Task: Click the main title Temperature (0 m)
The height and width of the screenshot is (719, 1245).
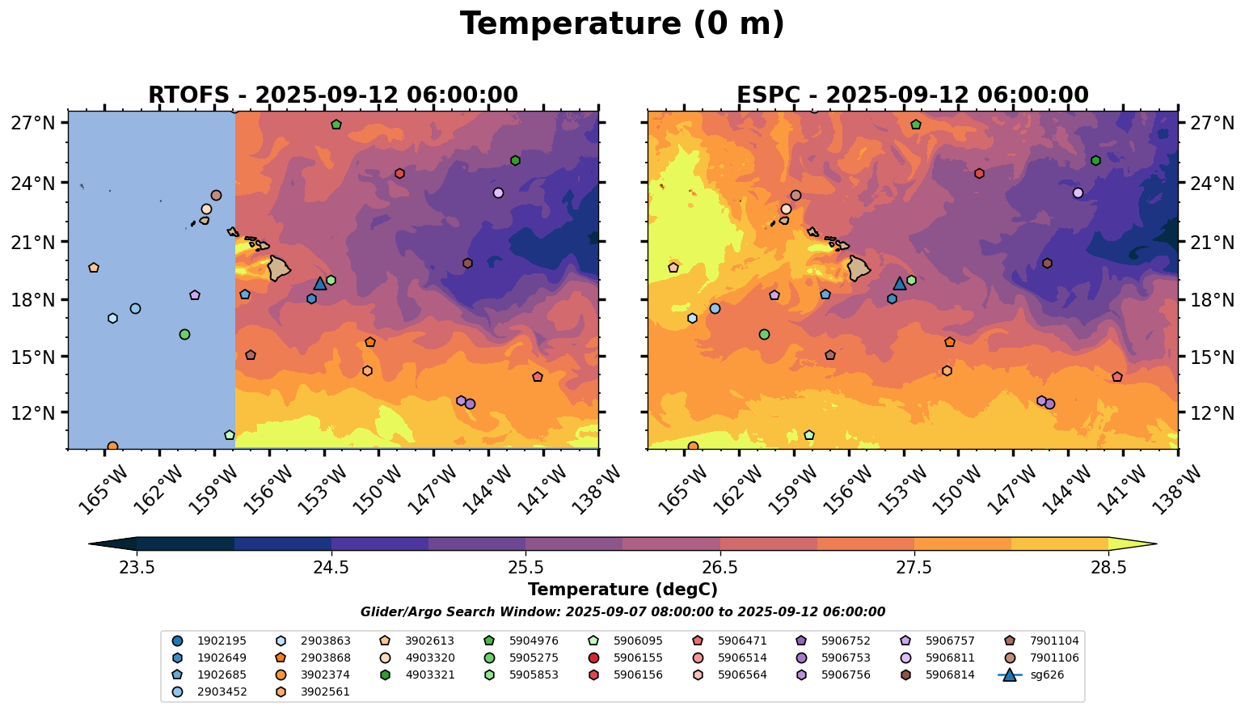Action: coord(622,24)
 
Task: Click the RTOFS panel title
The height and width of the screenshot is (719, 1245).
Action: coord(332,95)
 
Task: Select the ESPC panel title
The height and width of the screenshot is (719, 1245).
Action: coord(912,95)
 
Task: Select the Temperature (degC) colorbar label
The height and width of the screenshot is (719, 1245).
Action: coord(622,590)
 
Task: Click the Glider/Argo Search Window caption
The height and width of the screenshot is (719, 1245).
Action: coord(622,612)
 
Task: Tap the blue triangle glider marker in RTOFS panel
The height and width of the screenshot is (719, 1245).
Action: coord(320,283)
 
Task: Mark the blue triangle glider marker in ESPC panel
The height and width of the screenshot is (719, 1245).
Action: coord(900,283)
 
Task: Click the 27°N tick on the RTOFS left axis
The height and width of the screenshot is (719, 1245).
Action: coord(33,124)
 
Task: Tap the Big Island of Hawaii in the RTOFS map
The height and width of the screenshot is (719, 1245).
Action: coord(279,268)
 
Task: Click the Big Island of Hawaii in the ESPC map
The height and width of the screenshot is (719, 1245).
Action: coord(859,268)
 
